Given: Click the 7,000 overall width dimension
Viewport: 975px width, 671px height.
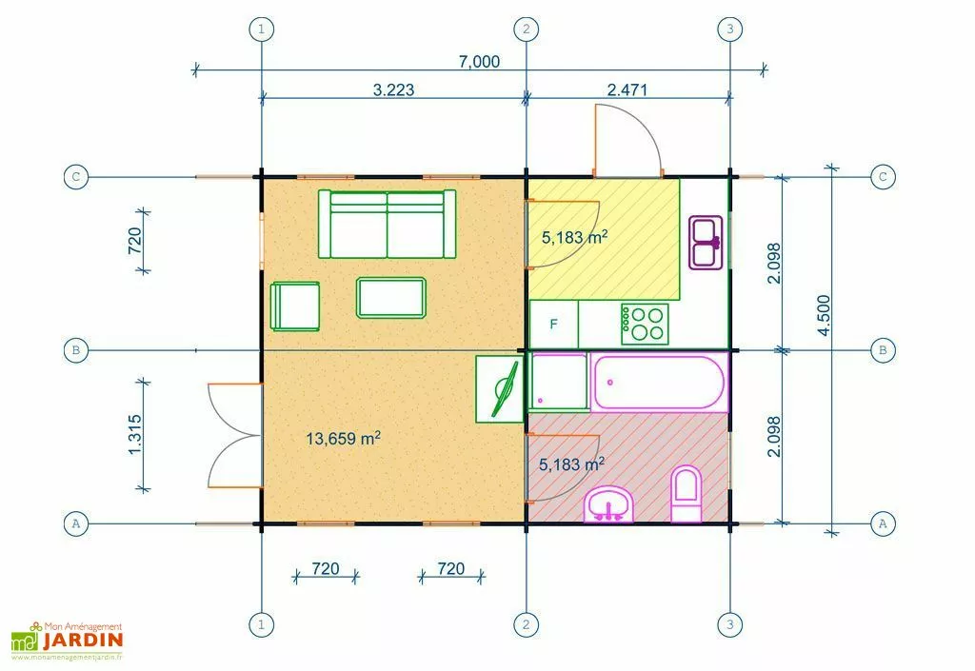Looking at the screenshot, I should tap(480, 61).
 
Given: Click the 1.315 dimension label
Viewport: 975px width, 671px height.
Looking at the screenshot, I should tap(135, 434).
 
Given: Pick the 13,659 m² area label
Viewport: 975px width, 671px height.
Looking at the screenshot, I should tap(344, 439).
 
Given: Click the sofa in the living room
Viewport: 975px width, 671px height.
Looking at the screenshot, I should tap(387, 224).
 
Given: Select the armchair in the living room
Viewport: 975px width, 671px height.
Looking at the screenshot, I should tap(295, 306).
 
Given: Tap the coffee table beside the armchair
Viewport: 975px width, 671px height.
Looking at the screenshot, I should tap(390, 297).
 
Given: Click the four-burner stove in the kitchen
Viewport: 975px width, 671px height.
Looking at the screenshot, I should tap(645, 323).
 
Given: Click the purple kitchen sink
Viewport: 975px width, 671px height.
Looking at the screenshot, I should tap(706, 243).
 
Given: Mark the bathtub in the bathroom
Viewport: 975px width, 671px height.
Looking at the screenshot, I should tap(658, 382).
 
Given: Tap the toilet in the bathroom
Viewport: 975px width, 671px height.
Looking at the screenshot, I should tap(686, 495).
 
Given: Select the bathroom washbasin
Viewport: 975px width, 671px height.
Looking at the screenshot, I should tap(607, 504).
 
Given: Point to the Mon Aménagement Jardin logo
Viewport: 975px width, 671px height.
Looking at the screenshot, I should tap(68, 641).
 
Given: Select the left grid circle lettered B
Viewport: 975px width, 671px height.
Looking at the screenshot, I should tap(75, 350).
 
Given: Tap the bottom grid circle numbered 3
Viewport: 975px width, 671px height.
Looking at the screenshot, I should tap(729, 624).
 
